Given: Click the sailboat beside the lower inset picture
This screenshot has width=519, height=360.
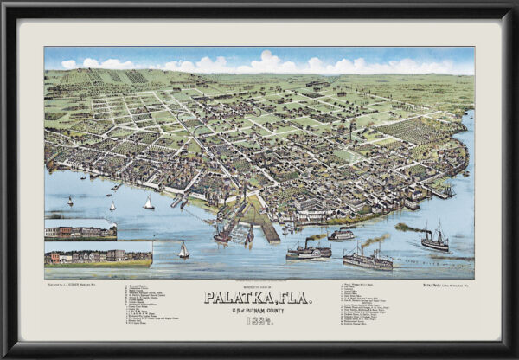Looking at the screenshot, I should pyautogui.click(x=183, y=250).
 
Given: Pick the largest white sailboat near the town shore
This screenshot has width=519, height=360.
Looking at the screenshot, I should pyautogui.click(x=149, y=202).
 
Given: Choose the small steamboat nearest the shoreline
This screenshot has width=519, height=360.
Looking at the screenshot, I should pyautogui.click(x=341, y=234).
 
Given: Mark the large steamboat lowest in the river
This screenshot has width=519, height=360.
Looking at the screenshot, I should pyautogui.click(x=367, y=258).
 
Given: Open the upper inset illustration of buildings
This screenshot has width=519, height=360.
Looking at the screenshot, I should pyautogui.click(x=80, y=230).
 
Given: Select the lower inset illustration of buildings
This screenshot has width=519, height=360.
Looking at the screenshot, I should pyautogui.click(x=99, y=256).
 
